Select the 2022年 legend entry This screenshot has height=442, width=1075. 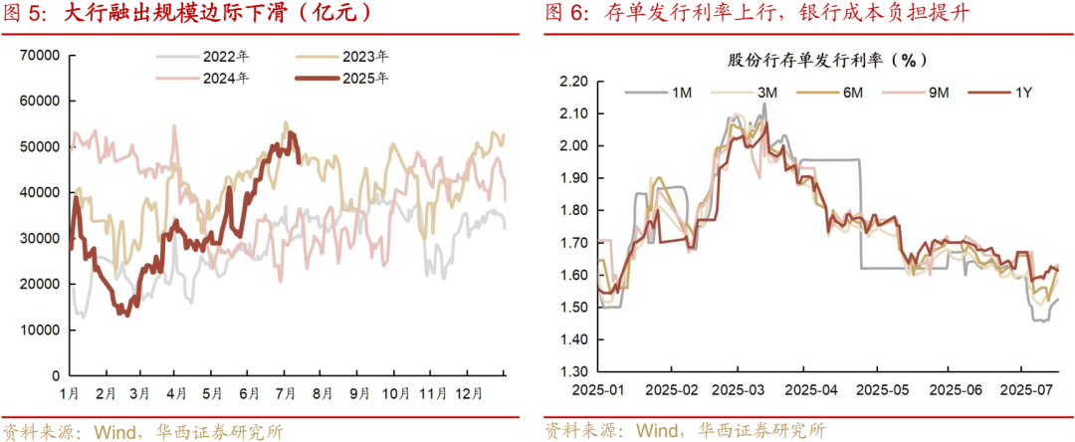pyautogui.click(x=226, y=56)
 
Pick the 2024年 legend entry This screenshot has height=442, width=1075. pyautogui.click(x=226, y=78)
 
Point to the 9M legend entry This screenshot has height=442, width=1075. pyautogui.click(x=938, y=93)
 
